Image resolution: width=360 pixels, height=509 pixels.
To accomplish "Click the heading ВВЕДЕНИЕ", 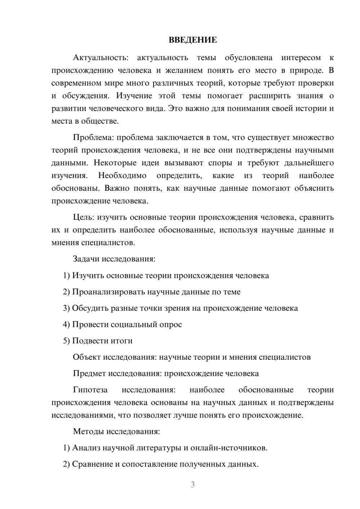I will pyautogui.click(x=193, y=40).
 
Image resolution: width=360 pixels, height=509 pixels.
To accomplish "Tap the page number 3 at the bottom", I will pyautogui.click(x=193, y=485).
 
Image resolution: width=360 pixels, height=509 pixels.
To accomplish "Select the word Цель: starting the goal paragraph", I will pyautogui.click(x=84, y=217).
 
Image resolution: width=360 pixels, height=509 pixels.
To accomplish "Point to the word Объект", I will pyautogui.click(x=87, y=357).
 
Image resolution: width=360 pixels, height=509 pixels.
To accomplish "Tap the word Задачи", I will pyautogui.click(x=86, y=259).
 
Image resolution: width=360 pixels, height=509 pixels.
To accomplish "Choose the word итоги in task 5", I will pyautogui.click(x=122, y=341).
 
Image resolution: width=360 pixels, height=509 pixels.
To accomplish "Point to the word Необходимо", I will pyautogui.click(x=122, y=176).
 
